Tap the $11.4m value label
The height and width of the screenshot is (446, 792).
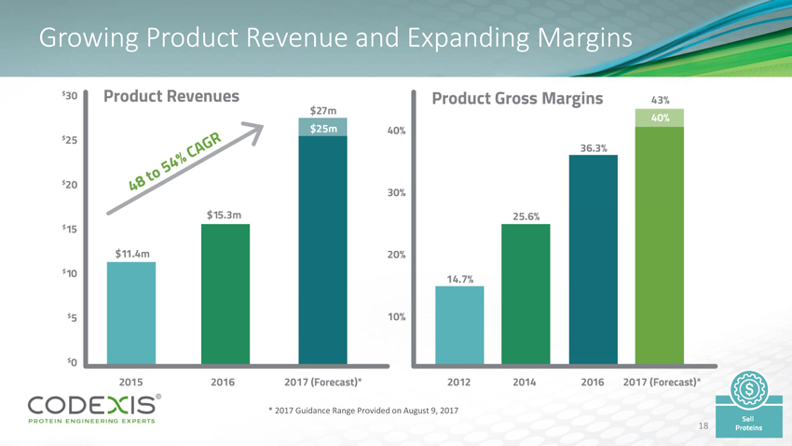coord(132,252)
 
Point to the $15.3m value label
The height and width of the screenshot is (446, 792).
coord(225,215)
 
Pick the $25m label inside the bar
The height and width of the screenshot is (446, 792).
coord(323,128)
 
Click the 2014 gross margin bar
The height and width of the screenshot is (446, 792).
coord(526,293)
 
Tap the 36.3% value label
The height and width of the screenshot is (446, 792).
coord(594,147)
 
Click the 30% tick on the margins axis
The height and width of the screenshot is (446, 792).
coord(396,193)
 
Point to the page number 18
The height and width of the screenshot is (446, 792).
coord(704,425)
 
